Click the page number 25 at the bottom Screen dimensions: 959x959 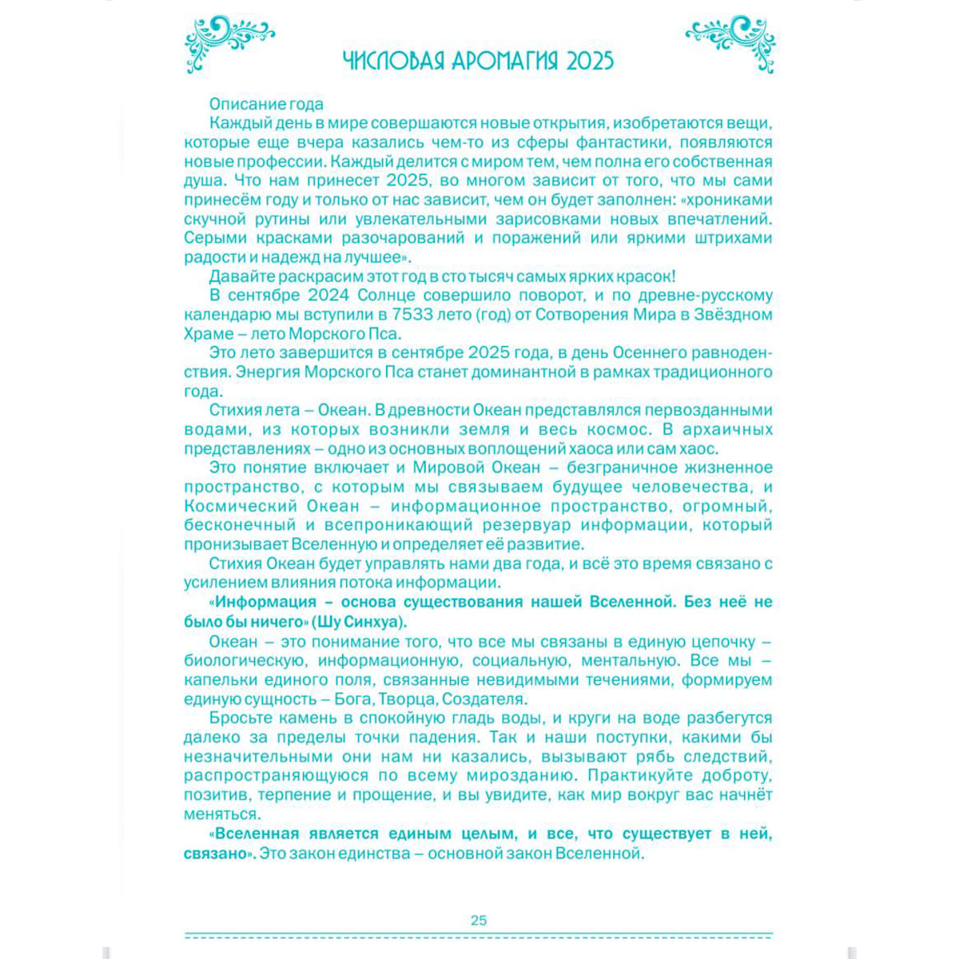(x=479, y=920)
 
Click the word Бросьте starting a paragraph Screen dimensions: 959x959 (x=237, y=718)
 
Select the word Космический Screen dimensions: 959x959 (x=237, y=506)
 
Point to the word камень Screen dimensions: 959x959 (x=300, y=718)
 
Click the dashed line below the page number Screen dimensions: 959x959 (x=479, y=935)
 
